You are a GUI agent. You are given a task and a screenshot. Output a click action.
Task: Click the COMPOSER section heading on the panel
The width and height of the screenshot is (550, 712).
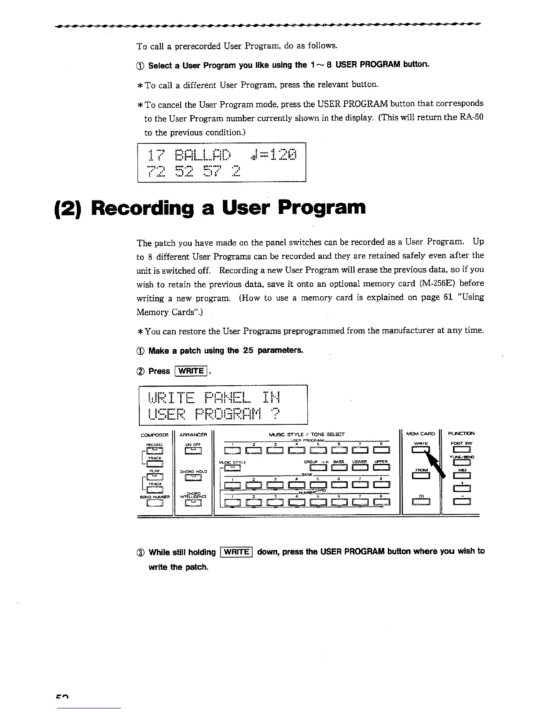click(154, 435)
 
